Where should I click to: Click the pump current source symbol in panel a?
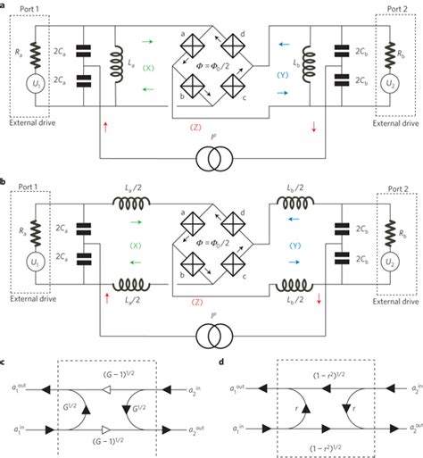pos(211,163)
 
